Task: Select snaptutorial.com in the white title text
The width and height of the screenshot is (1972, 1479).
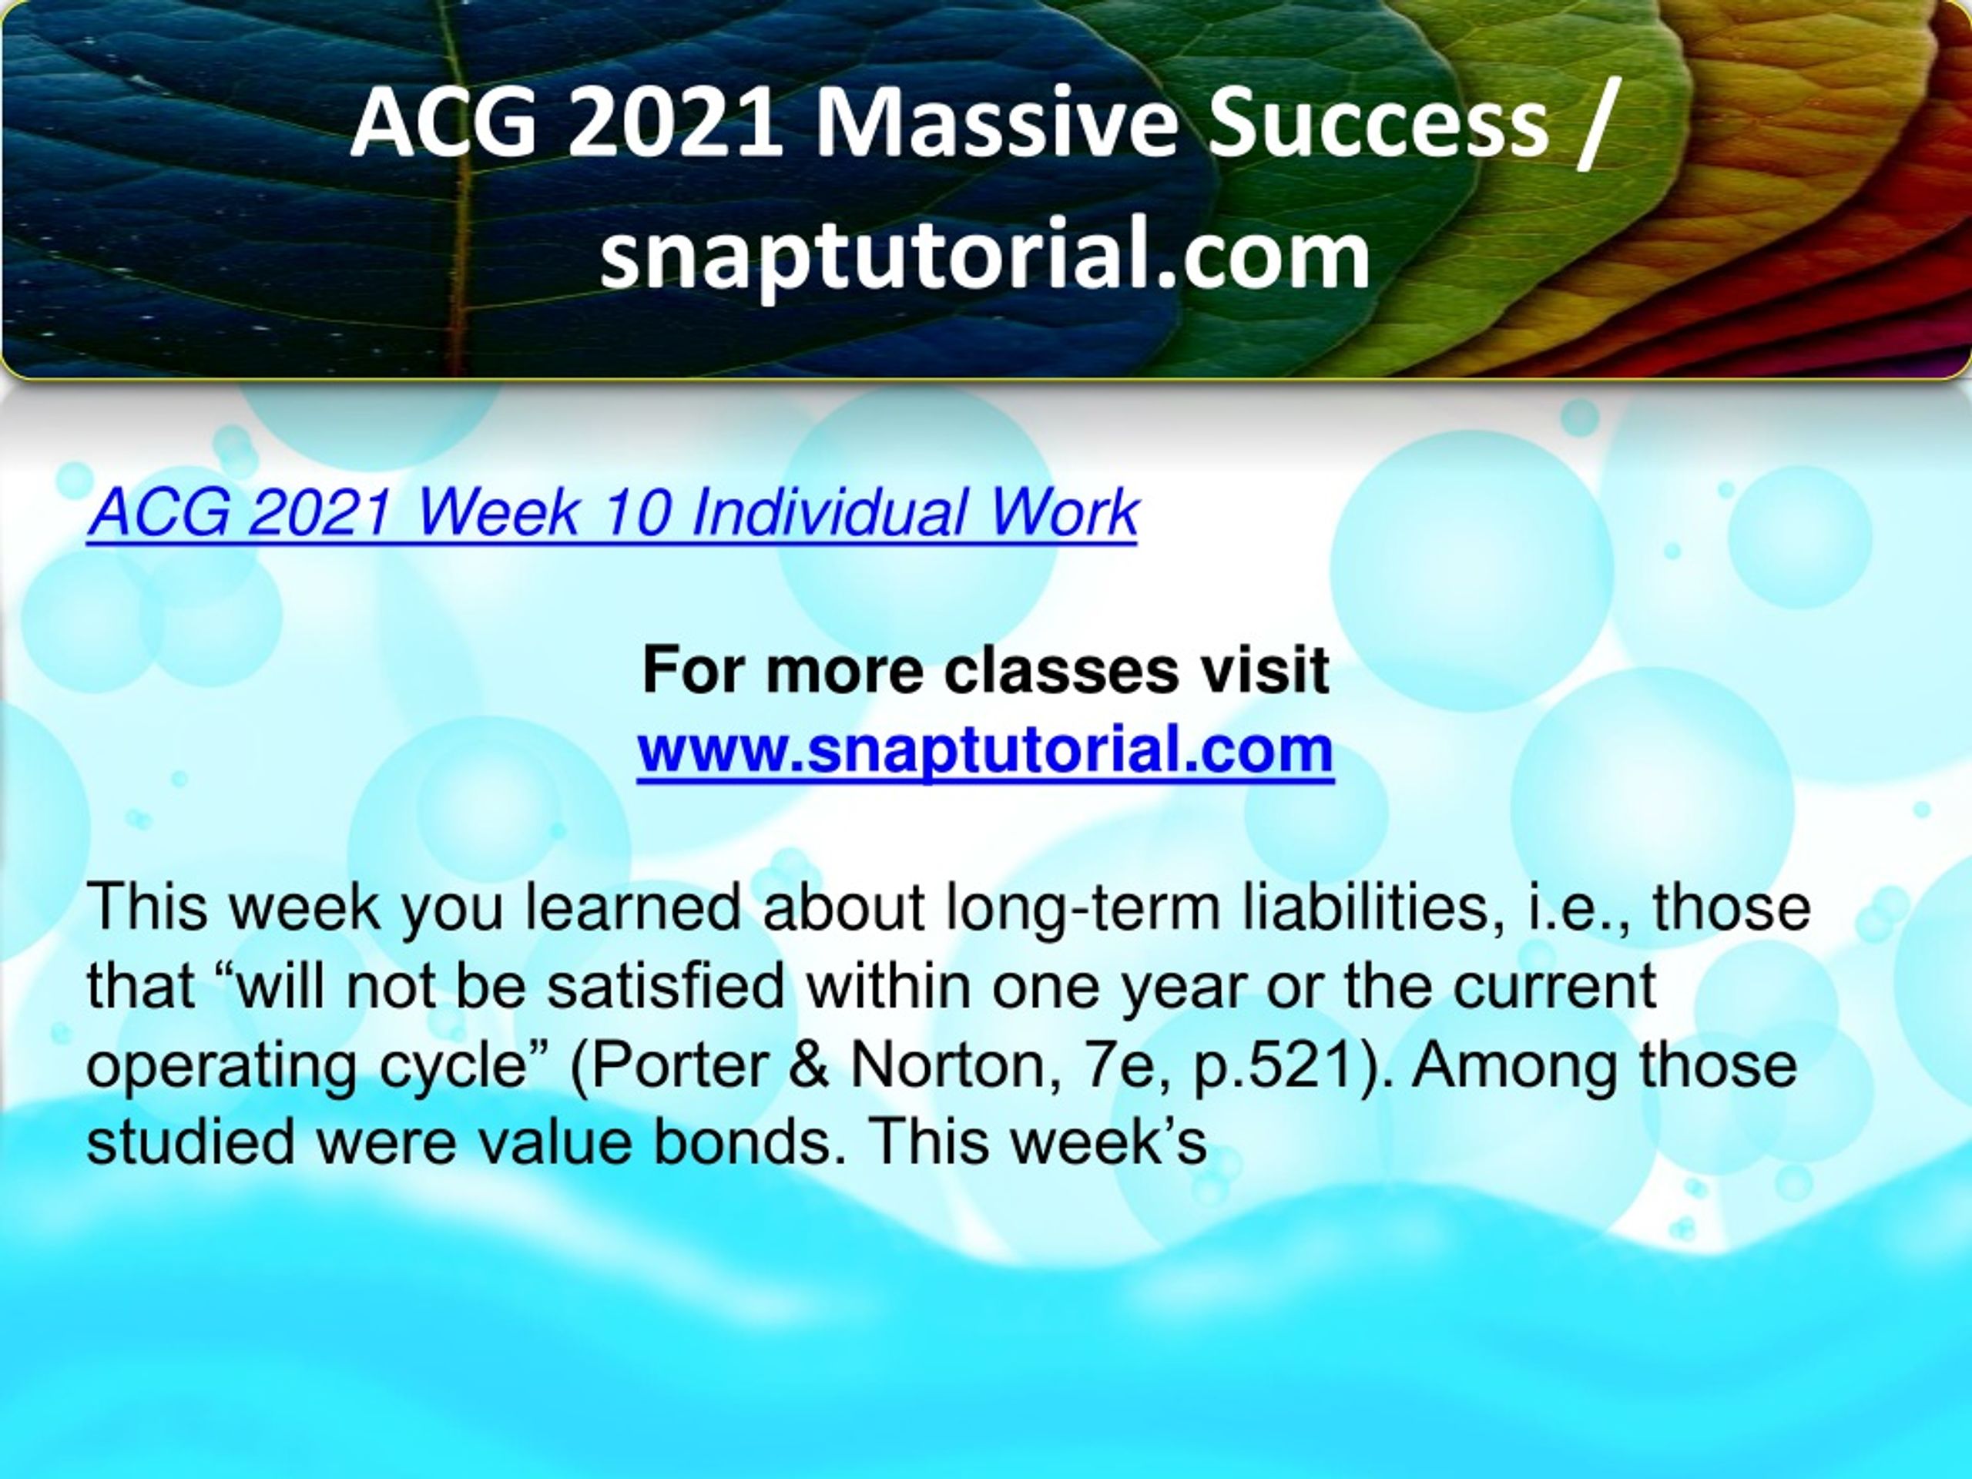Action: click(x=985, y=255)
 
